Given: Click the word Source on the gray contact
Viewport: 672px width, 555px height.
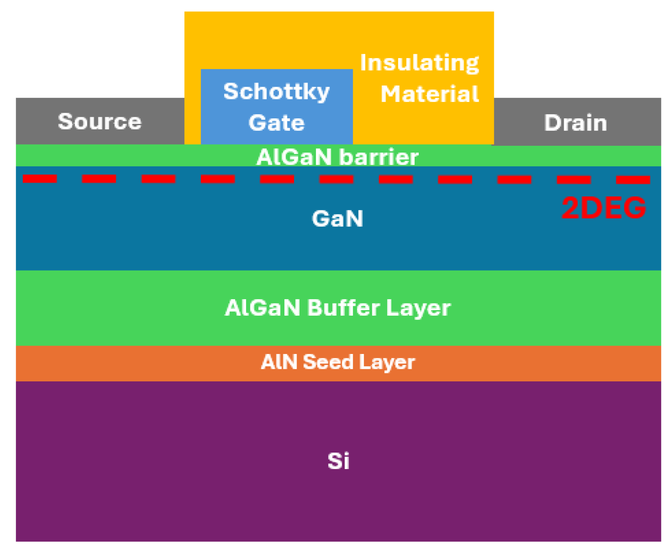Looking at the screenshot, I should [99, 122].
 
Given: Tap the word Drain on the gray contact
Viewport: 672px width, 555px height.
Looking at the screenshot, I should [576, 123].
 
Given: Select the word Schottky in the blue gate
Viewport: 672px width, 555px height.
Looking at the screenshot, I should [276, 92].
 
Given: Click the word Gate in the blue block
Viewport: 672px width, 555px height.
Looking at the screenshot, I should [276, 123].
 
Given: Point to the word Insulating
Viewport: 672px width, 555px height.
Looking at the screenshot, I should [420, 63].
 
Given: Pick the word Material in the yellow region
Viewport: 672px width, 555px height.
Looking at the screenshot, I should [430, 94].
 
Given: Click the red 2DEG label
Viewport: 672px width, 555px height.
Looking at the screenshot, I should [603, 207].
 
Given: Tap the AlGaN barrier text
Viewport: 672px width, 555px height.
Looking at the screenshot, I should [337, 157].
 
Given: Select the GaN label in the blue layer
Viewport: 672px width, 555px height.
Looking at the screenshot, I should [337, 218].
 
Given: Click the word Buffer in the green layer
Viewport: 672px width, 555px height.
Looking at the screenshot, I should [343, 308].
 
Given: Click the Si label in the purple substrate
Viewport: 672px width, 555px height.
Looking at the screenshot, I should [338, 461].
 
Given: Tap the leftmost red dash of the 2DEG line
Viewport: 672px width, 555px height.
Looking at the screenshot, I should [40, 179].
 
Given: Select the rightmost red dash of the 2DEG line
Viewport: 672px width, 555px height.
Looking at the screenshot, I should [633, 180].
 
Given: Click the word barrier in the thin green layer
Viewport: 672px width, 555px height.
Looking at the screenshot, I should [378, 157].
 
